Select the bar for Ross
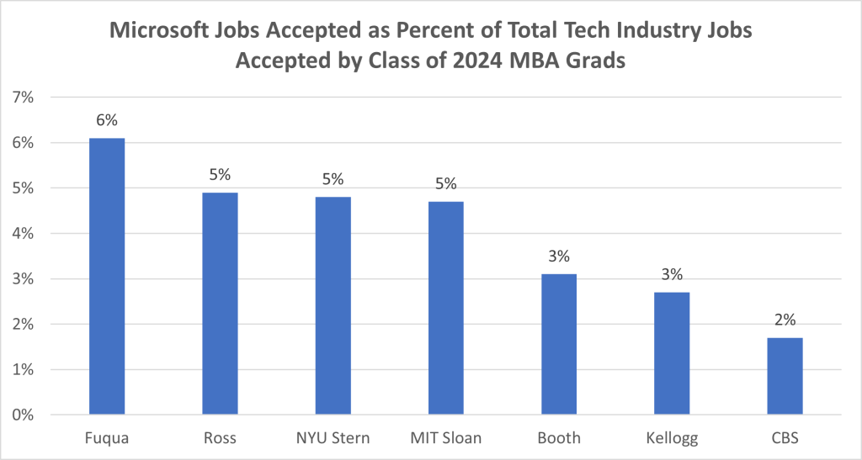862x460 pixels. [220, 304]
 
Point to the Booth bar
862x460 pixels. [559, 344]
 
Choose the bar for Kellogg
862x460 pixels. [672, 353]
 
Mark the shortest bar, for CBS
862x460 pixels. [785, 376]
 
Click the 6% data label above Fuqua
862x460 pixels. [107, 120]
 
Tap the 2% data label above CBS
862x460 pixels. [785, 320]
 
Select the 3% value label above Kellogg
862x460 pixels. [672, 274]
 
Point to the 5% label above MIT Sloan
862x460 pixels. [445, 183]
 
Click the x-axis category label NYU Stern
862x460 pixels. [333, 438]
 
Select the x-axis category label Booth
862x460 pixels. [559, 438]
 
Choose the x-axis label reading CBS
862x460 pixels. [785, 438]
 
